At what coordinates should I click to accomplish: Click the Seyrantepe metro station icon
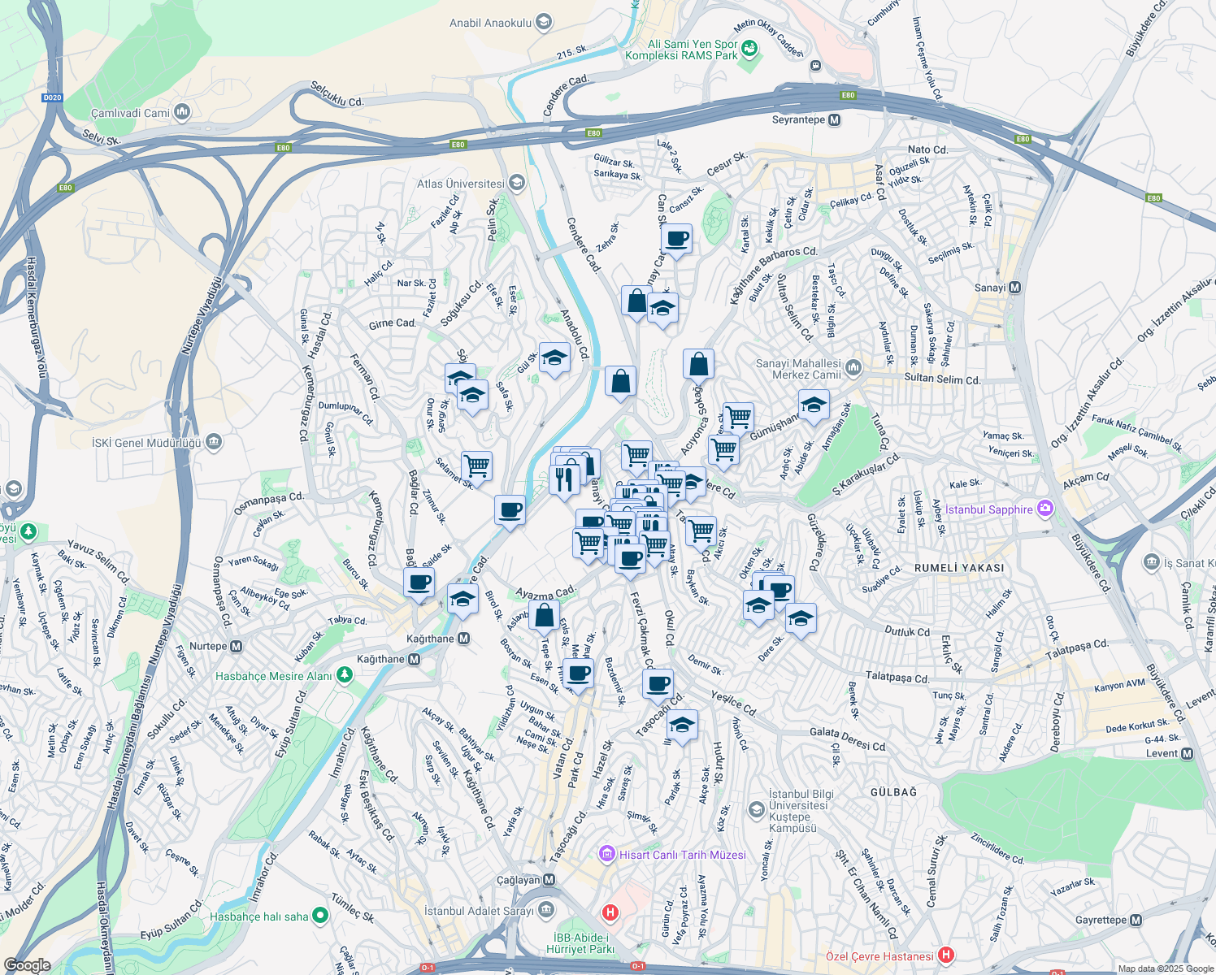coord(834,120)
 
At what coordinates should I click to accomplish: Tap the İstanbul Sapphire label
coord(988,509)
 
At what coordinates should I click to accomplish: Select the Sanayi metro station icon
coord(1015,288)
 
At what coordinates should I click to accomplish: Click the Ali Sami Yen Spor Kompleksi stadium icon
coord(749,49)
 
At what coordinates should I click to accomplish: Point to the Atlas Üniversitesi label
coord(460,184)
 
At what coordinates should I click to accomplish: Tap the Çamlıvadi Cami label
coord(130,113)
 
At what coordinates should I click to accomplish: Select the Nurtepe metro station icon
coord(237,647)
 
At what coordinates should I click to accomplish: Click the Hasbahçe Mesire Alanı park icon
coord(345,675)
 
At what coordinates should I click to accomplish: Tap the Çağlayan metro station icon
coord(549,880)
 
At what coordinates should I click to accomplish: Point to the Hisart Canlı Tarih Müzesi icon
coord(606,854)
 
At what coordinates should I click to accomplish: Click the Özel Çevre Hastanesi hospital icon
coord(945,955)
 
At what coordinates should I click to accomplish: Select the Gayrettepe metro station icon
coord(1136,921)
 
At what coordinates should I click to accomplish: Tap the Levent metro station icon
coord(1187,753)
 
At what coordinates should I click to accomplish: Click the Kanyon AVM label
coord(1119,687)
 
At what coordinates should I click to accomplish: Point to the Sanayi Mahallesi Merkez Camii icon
coord(853,368)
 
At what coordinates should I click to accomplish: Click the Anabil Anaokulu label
coord(490,23)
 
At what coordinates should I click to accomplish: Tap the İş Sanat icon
coord(1152,562)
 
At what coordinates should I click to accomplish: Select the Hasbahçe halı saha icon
coord(320,916)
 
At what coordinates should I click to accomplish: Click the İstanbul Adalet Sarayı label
coord(479,911)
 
